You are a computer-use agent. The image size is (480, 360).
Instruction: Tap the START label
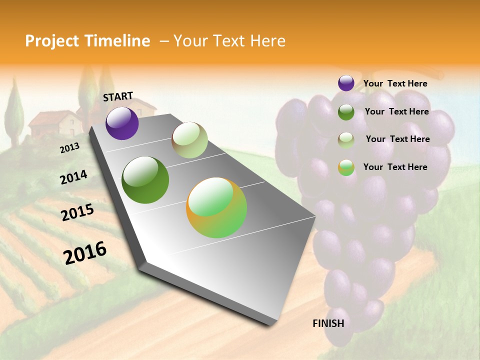coord(118,96)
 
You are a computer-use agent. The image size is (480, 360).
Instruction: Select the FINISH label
coord(328,323)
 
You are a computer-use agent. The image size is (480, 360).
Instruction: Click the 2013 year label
coord(69,148)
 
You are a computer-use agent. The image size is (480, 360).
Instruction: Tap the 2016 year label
coord(85,252)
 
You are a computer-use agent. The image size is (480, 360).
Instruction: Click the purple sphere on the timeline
coord(122,123)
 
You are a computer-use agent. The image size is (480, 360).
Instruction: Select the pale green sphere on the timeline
coord(189,140)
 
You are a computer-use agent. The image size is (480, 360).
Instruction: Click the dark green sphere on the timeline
coord(145,180)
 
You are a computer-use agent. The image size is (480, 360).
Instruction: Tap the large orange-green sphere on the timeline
coord(216,207)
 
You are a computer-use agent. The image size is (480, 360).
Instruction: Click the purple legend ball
coord(346,83)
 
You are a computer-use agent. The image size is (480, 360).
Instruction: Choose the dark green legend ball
coord(346,111)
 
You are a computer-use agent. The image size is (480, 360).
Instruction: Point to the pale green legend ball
coord(346,139)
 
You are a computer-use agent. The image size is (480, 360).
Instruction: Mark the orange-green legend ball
coord(346,167)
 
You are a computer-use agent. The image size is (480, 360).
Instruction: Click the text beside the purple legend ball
coord(395,83)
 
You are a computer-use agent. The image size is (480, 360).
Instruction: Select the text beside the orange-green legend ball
coord(395,167)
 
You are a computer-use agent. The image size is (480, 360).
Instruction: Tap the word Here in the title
coord(267,41)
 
